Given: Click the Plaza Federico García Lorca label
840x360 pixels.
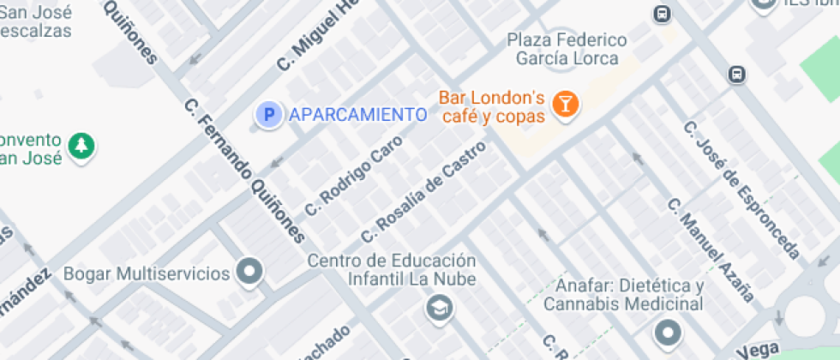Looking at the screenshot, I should (566, 49).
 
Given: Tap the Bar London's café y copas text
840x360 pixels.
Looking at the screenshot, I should (491, 106).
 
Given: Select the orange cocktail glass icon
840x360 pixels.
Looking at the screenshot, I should (566, 105).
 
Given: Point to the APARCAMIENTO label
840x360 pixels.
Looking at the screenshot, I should (357, 114).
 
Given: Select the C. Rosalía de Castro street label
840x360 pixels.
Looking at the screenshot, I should (423, 190).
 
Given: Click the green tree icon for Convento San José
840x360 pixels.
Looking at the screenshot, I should (81, 146).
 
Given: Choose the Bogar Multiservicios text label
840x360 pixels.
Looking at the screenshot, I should (147, 273).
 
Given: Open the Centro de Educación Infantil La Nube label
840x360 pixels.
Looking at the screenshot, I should (393, 269).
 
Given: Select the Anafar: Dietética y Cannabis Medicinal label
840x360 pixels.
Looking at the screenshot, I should (629, 294).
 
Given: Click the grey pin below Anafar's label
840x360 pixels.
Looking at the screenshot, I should (667, 332).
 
